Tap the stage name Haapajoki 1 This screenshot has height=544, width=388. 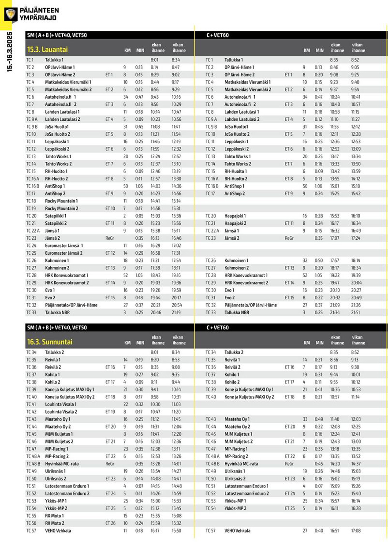[235, 216]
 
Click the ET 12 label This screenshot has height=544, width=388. [110, 253]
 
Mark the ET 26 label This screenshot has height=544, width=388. [110, 523]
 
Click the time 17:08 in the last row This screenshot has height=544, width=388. [355, 531]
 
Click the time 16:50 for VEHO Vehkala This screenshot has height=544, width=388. [176, 531]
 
